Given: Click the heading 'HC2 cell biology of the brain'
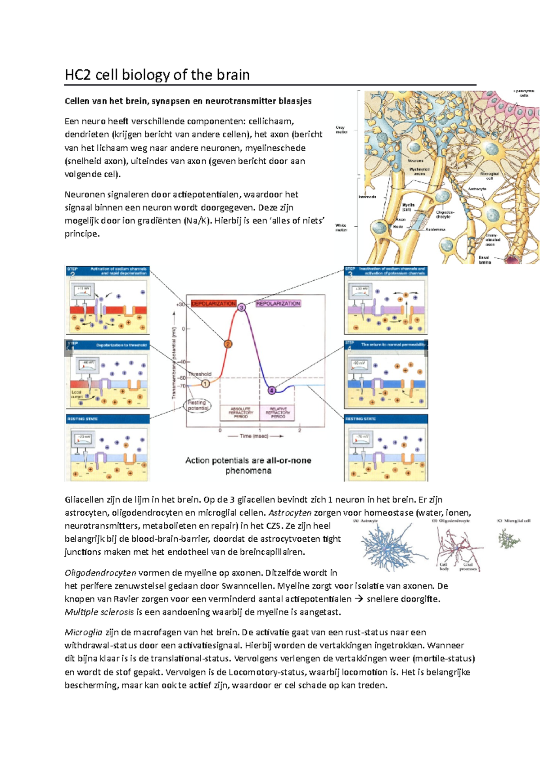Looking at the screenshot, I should click(157, 75).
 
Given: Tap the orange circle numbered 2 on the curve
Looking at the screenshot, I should click(228, 344).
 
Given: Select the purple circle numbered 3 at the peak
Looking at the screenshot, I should click(242, 307).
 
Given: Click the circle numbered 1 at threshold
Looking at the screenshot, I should click(205, 384).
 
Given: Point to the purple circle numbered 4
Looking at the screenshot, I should click(272, 390).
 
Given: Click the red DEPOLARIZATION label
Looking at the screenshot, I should click(213, 304).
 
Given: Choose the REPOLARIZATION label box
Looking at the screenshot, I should click(278, 304).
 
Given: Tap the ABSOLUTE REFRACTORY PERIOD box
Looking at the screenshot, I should click(240, 413).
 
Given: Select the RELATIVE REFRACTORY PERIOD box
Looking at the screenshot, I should click(278, 413).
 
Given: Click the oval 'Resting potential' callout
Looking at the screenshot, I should click(197, 405).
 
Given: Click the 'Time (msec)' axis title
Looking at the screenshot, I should click(254, 436).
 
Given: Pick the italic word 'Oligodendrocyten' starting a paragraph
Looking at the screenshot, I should click(100, 573).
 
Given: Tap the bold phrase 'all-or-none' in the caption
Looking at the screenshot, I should click(288, 460).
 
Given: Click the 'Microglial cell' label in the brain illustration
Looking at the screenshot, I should click(490, 176).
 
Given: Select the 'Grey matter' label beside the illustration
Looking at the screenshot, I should click(341, 130).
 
